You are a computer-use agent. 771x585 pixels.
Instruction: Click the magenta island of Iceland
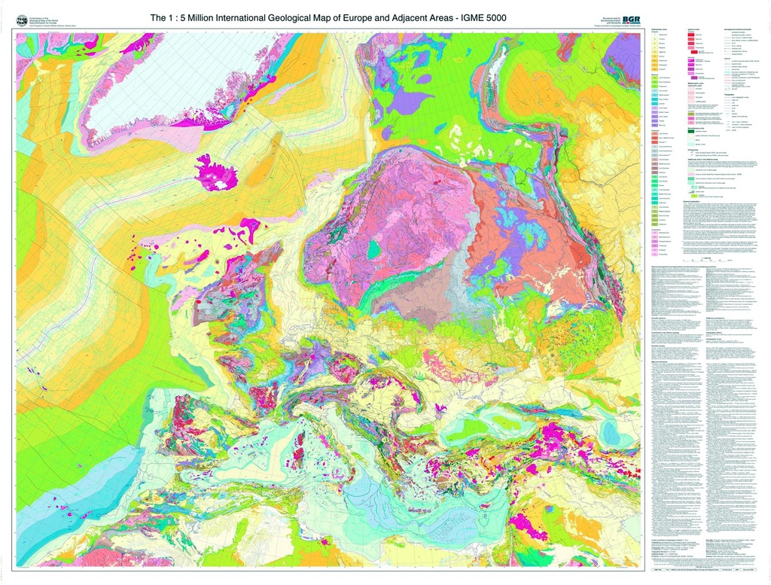[x=217, y=172]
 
